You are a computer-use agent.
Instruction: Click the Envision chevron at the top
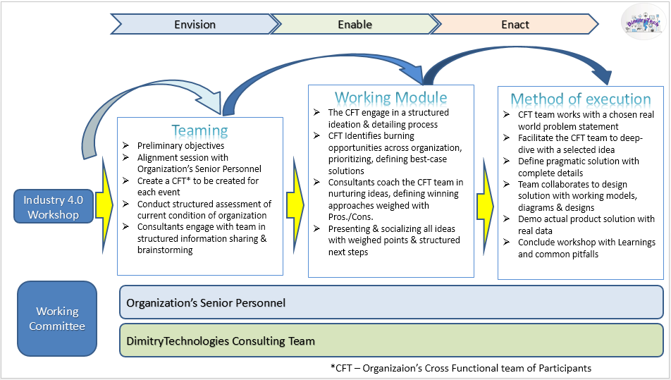pyautogui.click(x=195, y=25)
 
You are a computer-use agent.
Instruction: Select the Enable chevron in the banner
pyautogui.click(x=355, y=25)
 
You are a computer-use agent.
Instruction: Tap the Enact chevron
pyautogui.click(x=515, y=25)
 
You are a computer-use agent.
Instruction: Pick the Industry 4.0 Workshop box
pyautogui.click(x=54, y=207)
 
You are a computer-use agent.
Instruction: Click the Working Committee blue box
pyautogui.click(x=57, y=319)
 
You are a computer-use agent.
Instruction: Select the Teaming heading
pyautogui.click(x=199, y=130)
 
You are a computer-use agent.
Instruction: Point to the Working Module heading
pyautogui.click(x=390, y=97)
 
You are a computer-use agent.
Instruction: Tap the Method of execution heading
pyautogui.click(x=580, y=99)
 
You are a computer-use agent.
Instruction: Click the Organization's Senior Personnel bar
pyautogui.click(x=391, y=302)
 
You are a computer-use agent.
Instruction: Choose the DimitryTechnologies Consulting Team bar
pyautogui.click(x=391, y=341)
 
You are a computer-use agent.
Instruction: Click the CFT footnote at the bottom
pyautogui.click(x=460, y=368)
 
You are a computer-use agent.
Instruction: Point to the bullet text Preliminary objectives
pyautogui.click(x=180, y=146)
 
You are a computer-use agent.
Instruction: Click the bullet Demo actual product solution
pyautogui.click(x=586, y=220)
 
